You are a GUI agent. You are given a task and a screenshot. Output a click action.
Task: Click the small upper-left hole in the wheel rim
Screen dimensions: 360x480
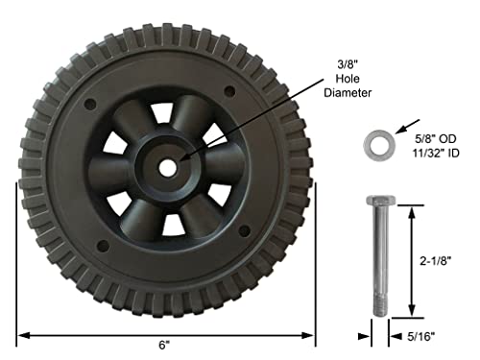tap(90, 101)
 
